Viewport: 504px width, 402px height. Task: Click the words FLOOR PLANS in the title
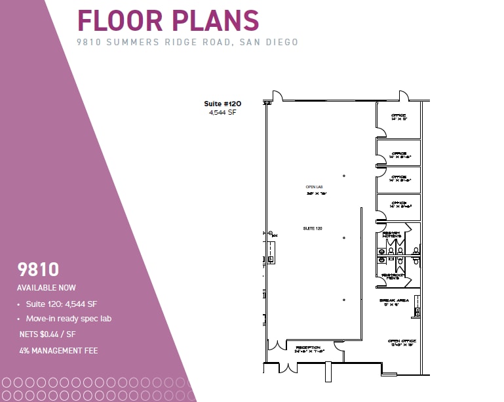(168, 20)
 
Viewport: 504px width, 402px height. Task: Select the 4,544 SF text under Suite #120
(222, 113)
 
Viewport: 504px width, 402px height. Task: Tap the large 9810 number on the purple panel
(38, 269)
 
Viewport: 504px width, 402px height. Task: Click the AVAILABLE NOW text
(47, 288)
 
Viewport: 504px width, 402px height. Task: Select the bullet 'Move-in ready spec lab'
(69, 319)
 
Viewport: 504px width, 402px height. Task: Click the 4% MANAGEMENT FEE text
(58, 351)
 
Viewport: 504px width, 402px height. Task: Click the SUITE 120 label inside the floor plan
(312, 228)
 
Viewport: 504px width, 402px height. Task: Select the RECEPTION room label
(307, 348)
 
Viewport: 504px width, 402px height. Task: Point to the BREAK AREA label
(395, 300)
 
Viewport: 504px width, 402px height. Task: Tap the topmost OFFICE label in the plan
(398, 116)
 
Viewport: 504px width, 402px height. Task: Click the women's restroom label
(391, 234)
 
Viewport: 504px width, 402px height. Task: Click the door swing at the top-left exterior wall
(277, 96)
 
